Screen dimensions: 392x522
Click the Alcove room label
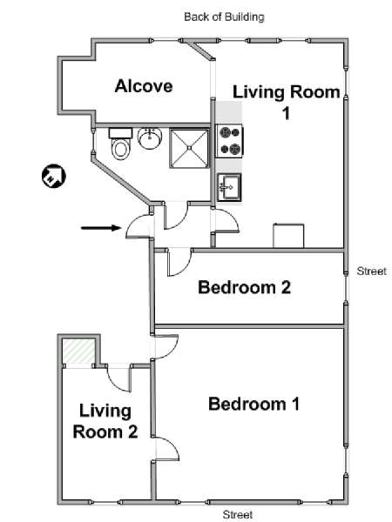(144, 86)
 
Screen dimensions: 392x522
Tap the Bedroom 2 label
(244, 287)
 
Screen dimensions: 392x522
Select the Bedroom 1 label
(254, 404)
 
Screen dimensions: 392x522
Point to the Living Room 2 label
(105, 421)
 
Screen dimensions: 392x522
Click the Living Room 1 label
(287, 102)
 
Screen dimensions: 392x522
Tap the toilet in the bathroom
(120, 144)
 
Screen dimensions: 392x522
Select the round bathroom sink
(150, 138)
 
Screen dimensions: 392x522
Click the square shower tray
(189, 149)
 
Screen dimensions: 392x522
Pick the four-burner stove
(230, 141)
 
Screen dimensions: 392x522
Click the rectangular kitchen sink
(229, 187)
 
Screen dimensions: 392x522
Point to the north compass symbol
(54, 176)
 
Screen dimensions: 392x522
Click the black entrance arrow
(101, 228)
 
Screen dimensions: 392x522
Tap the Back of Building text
(224, 17)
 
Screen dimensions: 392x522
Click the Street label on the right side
(371, 271)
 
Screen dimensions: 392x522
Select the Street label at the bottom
(237, 515)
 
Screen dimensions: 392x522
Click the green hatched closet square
(78, 351)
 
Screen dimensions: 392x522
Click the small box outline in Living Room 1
(288, 236)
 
